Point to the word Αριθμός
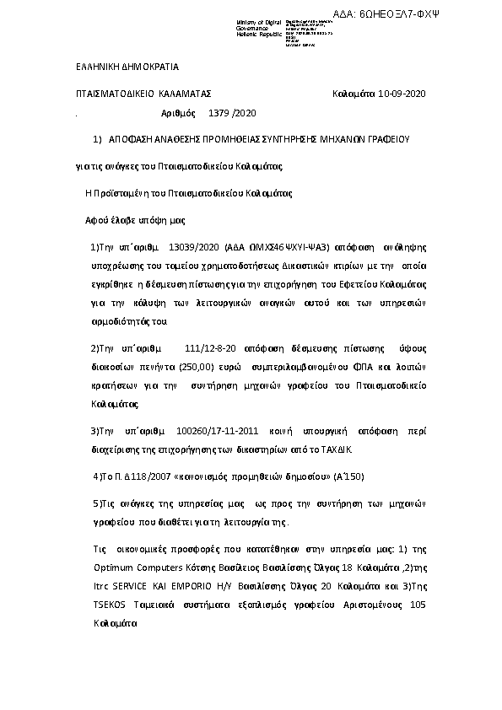[x=178, y=112]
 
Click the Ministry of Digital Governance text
[x=256, y=25]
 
